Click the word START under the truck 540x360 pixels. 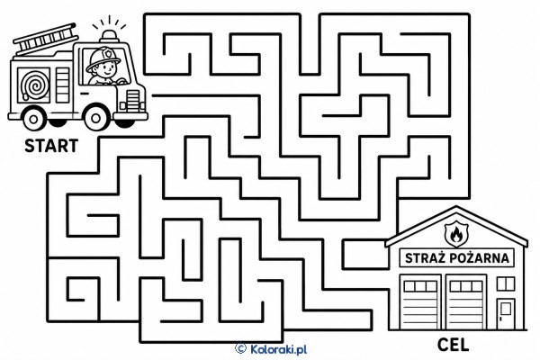pyautogui.click(x=51, y=146)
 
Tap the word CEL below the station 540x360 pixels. pyautogui.click(x=453, y=345)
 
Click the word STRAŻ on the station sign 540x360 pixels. pyautogui.click(x=425, y=258)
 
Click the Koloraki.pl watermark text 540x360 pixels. pyautogui.click(x=278, y=350)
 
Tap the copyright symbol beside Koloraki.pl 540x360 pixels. pyautogui.click(x=240, y=348)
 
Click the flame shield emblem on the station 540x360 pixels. pyautogui.click(x=456, y=234)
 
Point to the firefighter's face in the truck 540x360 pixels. pyautogui.click(x=106, y=70)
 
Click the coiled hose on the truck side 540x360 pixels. pyautogui.click(x=34, y=85)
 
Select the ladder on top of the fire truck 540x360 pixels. pyautogui.click(x=46, y=37)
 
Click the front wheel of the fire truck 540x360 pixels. pyautogui.click(x=96, y=118)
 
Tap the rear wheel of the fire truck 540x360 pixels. pyautogui.click(x=33, y=119)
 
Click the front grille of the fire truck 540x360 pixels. pyautogui.click(x=133, y=100)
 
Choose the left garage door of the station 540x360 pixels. pyautogui.click(x=420, y=302)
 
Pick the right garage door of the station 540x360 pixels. pyautogui.click(x=466, y=302)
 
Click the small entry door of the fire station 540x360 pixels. pyautogui.click(x=506, y=314)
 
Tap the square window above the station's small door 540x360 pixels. pyautogui.click(x=506, y=283)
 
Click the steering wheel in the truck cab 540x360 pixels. pyautogui.click(x=121, y=81)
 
